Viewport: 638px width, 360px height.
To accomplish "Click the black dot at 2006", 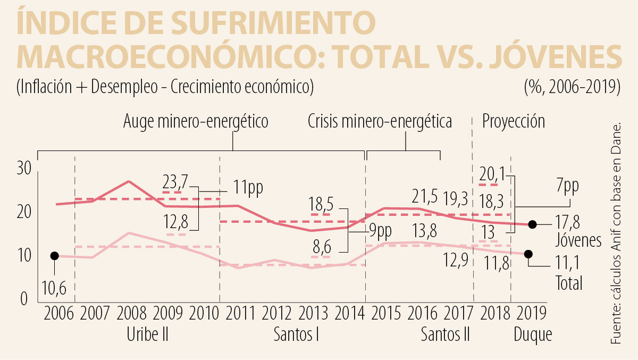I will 54,256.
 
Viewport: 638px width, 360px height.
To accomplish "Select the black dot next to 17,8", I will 533,224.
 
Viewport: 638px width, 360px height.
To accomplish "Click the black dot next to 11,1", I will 528,254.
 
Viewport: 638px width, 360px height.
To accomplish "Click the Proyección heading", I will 514,122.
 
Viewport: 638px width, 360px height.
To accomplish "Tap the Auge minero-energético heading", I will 196,122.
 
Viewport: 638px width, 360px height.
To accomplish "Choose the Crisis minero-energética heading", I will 380,122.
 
